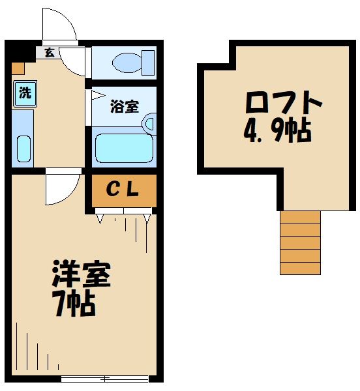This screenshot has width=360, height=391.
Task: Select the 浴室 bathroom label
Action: [x=124, y=106]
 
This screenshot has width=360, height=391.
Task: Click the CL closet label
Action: [x=123, y=190]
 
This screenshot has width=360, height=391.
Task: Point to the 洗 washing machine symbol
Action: [x=24, y=93]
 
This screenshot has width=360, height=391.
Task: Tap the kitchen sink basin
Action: [x=23, y=149]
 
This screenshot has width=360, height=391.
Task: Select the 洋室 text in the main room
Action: [x=81, y=275]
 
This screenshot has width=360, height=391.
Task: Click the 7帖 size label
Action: [x=74, y=304]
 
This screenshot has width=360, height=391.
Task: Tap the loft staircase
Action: [x=300, y=242]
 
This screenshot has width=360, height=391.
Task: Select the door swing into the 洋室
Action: [x=62, y=187]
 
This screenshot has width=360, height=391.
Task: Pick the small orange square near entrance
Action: [x=18, y=66]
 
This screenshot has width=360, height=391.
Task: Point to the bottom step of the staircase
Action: [x=300, y=268]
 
